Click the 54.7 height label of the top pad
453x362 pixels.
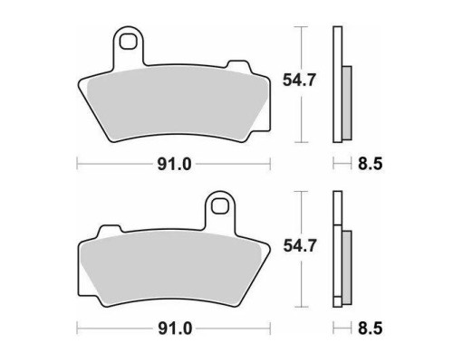tap(299, 81)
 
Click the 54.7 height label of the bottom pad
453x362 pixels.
tap(299, 245)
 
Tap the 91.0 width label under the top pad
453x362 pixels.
tap(174, 165)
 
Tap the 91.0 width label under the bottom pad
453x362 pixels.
tap(175, 329)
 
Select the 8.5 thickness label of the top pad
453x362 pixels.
tap(371, 165)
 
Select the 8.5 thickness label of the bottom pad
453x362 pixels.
tap(371, 329)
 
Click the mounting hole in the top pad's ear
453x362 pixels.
tap(128, 42)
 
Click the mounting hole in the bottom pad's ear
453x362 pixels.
tap(219, 206)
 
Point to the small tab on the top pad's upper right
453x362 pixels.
tap(239, 65)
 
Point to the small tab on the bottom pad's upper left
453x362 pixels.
tap(110, 230)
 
